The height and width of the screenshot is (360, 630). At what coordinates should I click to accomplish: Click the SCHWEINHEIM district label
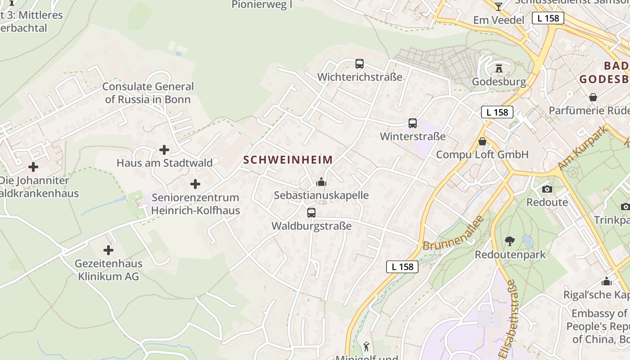coord(288,160)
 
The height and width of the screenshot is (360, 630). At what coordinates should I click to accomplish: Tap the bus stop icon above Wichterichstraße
coord(359,64)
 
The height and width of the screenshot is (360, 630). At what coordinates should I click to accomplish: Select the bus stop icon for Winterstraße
coord(412,123)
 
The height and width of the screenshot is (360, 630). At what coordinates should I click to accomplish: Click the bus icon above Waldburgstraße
coord(311,213)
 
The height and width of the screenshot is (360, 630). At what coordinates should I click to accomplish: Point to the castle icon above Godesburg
coord(499,69)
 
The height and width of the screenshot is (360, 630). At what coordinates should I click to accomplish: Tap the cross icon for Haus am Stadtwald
coord(164,150)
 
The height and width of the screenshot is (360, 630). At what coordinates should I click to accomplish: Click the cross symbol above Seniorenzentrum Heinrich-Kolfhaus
coord(195,184)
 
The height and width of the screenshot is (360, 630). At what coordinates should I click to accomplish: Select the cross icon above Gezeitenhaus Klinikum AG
coord(108,250)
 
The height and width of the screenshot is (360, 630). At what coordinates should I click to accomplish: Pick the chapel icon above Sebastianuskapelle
coord(321,182)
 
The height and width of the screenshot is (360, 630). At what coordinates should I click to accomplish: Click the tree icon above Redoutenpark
coord(510,241)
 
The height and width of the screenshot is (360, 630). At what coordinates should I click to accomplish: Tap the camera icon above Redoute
coord(547,189)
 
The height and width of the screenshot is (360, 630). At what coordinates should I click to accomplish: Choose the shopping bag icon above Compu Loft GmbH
coord(482,141)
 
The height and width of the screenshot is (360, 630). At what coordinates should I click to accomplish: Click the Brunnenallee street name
coord(453,234)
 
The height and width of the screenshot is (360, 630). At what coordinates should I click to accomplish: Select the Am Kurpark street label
coord(582,148)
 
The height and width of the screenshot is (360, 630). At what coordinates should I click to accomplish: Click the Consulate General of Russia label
coord(148,93)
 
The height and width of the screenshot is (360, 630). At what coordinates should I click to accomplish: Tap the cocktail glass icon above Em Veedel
coord(498,6)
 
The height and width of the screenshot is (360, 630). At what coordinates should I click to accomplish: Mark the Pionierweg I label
coord(262,4)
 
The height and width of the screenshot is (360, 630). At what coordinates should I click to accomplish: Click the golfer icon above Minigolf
coord(367,346)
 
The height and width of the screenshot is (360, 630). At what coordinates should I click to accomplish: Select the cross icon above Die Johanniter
coord(33,167)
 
